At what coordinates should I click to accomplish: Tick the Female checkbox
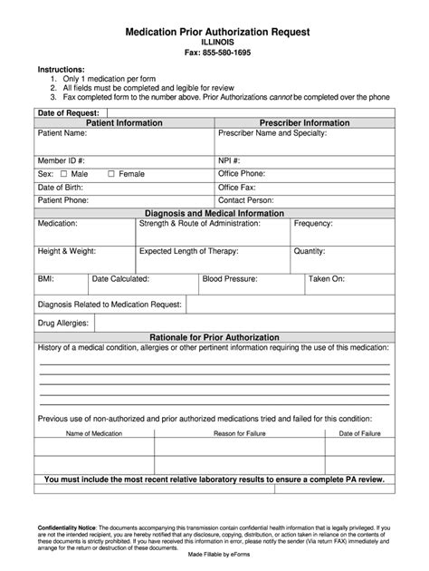pos(110,173)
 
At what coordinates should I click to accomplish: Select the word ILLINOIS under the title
pos(214,43)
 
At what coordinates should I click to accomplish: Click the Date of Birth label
pos(61,187)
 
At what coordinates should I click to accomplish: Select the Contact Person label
pos(246,200)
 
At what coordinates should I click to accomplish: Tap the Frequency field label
pos(313,223)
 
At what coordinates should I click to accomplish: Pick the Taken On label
pos(326,279)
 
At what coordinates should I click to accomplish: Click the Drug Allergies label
pos(63,324)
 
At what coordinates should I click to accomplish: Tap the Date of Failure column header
pos(359,434)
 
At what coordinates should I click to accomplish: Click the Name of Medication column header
pos(94,434)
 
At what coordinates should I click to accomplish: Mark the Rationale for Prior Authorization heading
pos(214,337)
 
